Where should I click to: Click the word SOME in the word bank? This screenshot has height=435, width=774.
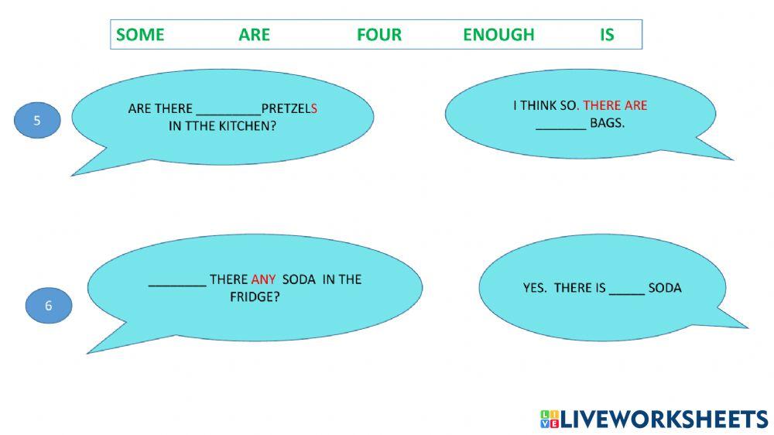point(140,35)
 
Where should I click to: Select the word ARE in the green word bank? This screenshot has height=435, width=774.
point(254,35)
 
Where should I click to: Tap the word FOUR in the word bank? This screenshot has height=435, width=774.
point(379,35)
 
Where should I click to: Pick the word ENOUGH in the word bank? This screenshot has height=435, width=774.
point(498,35)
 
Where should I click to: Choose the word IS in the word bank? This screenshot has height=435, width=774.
point(607,35)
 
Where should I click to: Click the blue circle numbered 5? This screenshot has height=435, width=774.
point(36,122)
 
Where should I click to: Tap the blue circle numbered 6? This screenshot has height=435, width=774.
point(48,306)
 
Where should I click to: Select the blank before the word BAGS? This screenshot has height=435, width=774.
point(561,124)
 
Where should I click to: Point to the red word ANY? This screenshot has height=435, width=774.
point(263,279)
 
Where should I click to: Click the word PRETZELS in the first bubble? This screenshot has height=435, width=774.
point(289,109)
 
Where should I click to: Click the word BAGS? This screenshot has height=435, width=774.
point(607,122)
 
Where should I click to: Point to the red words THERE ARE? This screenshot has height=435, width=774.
point(615,105)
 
